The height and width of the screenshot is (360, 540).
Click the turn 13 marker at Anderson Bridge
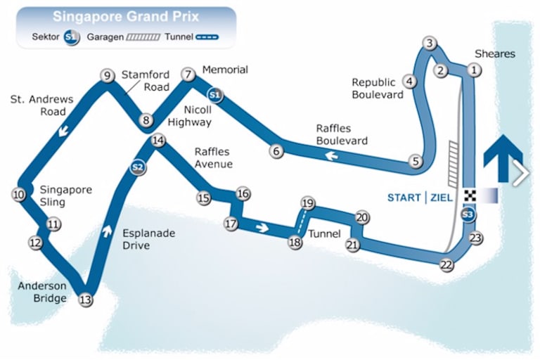[86, 300]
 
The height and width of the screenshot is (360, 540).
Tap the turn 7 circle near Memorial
[187, 75]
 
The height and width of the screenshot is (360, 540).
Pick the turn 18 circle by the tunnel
[295, 243]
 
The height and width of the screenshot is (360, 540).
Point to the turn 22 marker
[446, 265]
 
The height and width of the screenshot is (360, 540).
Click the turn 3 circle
[429, 43]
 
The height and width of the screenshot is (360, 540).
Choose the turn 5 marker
[416, 162]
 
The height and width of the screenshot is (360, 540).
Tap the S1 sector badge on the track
[215, 94]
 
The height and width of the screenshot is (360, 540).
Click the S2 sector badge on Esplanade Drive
[138, 167]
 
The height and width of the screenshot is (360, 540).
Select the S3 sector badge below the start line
[468, 214]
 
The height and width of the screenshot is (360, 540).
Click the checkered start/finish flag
[469, 195]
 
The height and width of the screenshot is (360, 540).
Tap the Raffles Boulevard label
[342, 134]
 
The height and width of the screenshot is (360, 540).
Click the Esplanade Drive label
[148, 238]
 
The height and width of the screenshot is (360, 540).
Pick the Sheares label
[495, 54]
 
